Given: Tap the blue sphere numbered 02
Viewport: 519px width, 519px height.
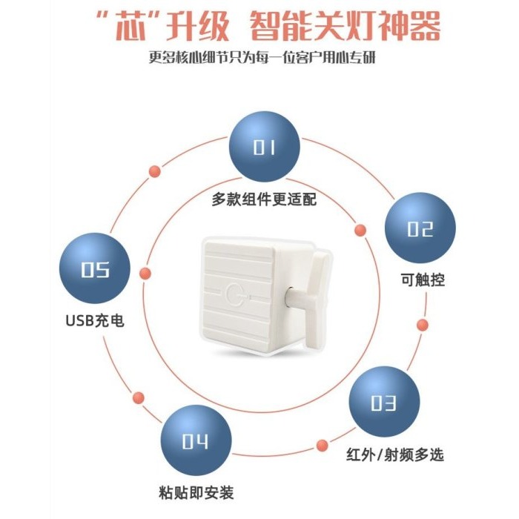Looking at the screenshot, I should [x=420, y=228].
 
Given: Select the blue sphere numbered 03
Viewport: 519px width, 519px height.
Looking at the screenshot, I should [x=383, y=403].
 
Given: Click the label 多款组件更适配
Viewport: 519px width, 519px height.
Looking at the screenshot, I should [x=265, y=199].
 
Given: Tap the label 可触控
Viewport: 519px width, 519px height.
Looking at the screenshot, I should [x=420, y=280].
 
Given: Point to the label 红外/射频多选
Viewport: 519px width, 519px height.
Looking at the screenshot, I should [x=395, y=454].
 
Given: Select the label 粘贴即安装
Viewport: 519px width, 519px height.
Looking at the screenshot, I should [x=196, y=493].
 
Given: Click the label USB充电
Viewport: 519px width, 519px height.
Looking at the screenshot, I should [x=93, y=322].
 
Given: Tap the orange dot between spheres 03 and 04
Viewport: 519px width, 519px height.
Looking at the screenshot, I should [x=322, y=446].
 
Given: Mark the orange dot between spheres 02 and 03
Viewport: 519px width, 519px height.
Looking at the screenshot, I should [x=423, y=325].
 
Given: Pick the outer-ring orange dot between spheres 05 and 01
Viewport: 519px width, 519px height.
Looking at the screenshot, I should [x=155, y=171].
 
